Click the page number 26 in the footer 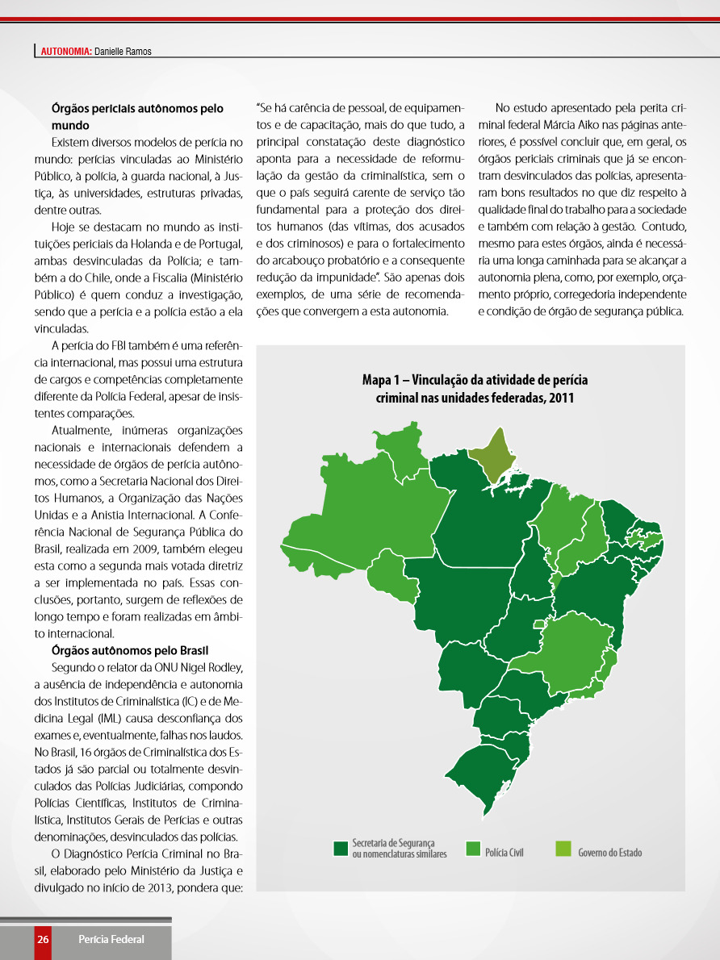point(43,939)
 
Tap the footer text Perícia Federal point(111,939)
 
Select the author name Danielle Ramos point(123,52)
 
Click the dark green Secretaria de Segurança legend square point(341,848)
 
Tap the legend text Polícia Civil point(504,852)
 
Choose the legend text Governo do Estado point(610,852)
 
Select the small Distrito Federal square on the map point(539,624)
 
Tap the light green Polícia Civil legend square point(474,848)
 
